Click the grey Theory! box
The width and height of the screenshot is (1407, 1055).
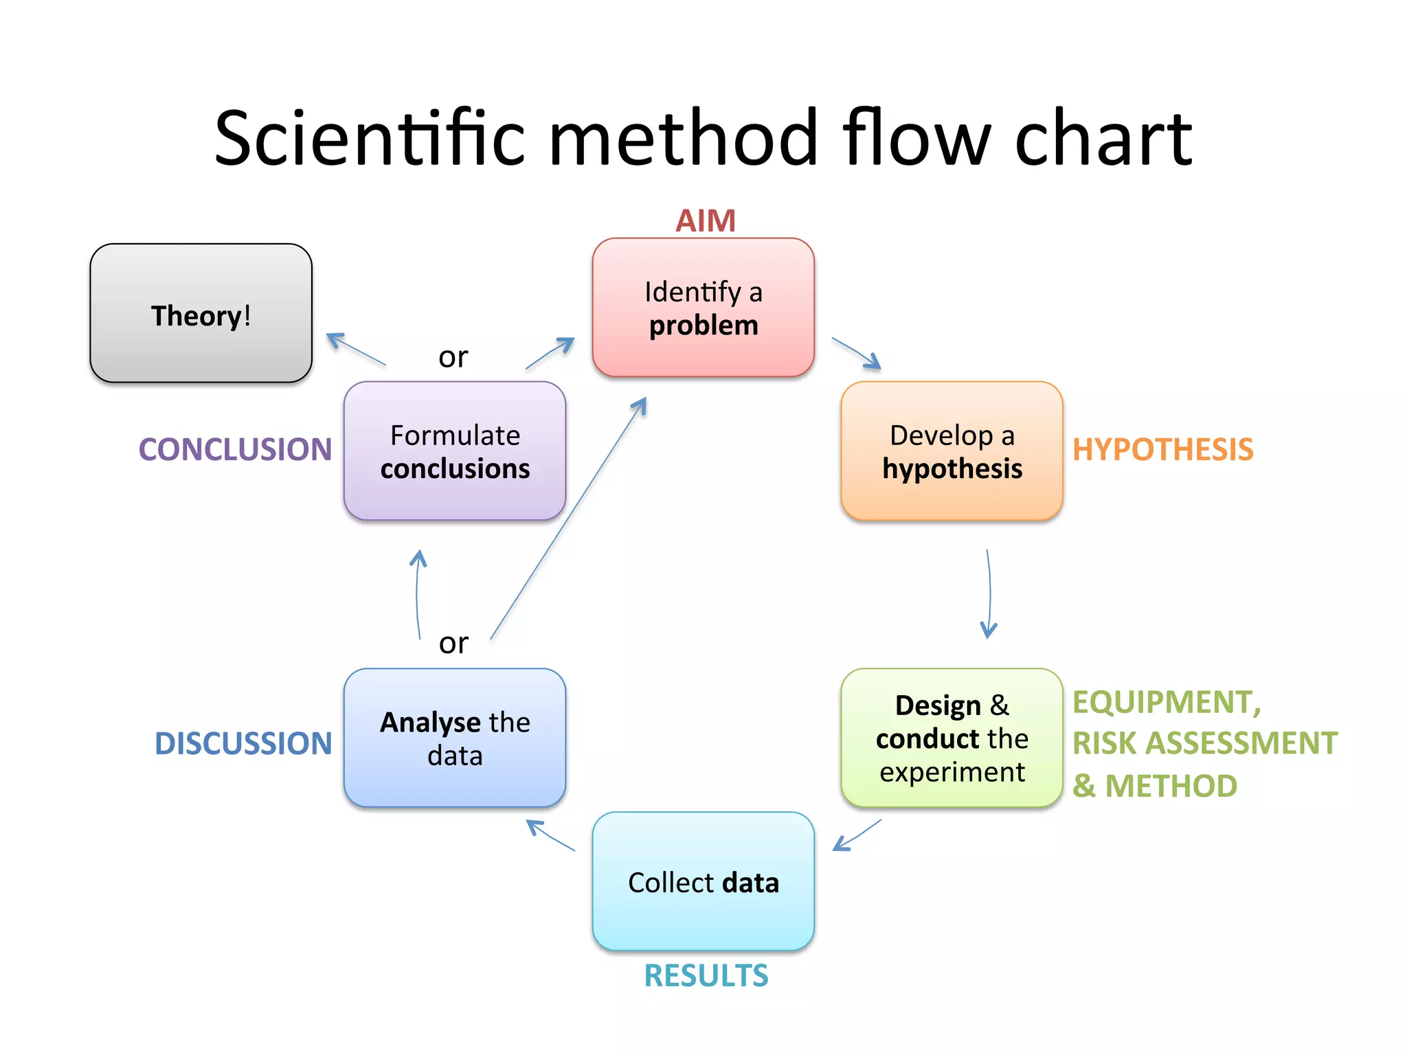[x=201, y=313]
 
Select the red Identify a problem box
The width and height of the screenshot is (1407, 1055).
[x=703, y=308]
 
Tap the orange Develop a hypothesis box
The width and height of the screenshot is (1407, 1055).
[x=952, y=451]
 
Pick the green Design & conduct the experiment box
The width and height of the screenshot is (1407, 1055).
[x=952, y=738]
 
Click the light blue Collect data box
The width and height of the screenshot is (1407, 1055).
[x=703, y=882]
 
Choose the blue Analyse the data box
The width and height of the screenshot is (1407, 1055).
[x=455, y=738]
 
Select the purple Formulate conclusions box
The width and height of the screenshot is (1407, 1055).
[x=455, y=451]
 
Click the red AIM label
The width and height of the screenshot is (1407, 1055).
[x=706, y=221]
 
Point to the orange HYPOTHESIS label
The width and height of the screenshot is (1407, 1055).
[x=1162, y=450]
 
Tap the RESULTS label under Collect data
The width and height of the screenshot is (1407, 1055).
[x=706, y=976]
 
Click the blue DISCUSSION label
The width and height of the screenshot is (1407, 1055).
[x=243, y=744]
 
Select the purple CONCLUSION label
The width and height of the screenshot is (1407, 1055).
[x=235, y=450]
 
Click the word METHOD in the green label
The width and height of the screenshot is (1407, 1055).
[x=1171, y=786]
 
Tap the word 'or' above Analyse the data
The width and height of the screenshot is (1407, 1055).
[x=453, y=644]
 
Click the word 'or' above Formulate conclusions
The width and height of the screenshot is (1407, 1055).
[x=453, y=357]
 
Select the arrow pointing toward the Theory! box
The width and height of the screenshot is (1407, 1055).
[x=355, y=349]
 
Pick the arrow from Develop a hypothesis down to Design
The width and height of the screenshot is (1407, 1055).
[x=989, y=594]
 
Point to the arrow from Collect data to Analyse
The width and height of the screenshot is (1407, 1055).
[x=550, y=835]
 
